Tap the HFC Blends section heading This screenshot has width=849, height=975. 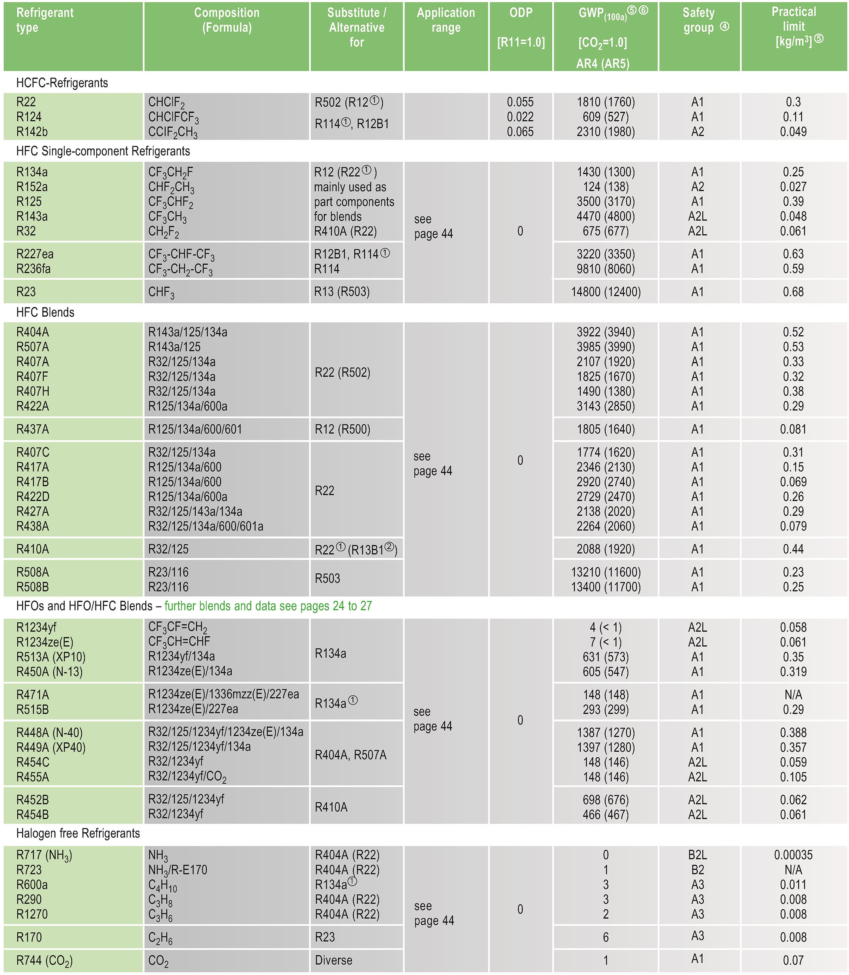pos(45,312)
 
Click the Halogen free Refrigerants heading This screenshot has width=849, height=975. pos(78,833)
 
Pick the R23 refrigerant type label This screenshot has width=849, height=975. pos(26,292)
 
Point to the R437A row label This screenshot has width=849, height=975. pos(33,429)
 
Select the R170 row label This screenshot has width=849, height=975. pos(29,937)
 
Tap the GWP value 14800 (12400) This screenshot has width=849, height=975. pos(606,292)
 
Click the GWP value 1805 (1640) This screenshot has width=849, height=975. pos(606,429)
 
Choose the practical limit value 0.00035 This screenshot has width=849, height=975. pos(793,855)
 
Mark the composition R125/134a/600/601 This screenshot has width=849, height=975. pos(195,429)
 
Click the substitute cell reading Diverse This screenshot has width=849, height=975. pos(333,960)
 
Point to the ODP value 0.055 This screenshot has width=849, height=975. pos(520,102)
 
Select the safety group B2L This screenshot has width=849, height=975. pos(698,855)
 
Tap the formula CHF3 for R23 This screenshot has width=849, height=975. pos(162,292)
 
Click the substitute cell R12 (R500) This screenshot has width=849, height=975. pos(342,429)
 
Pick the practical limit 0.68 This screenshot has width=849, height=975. pos(793,292)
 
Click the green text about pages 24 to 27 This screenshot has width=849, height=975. pos(268,606)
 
